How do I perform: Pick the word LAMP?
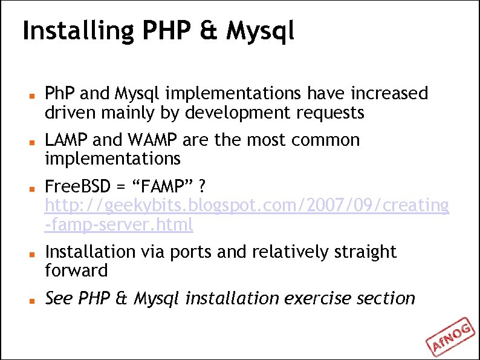68,140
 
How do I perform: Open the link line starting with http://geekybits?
247,206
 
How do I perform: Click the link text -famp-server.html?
119,225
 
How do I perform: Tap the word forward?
76,270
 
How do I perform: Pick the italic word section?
386,298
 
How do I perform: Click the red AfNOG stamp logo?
452,336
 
